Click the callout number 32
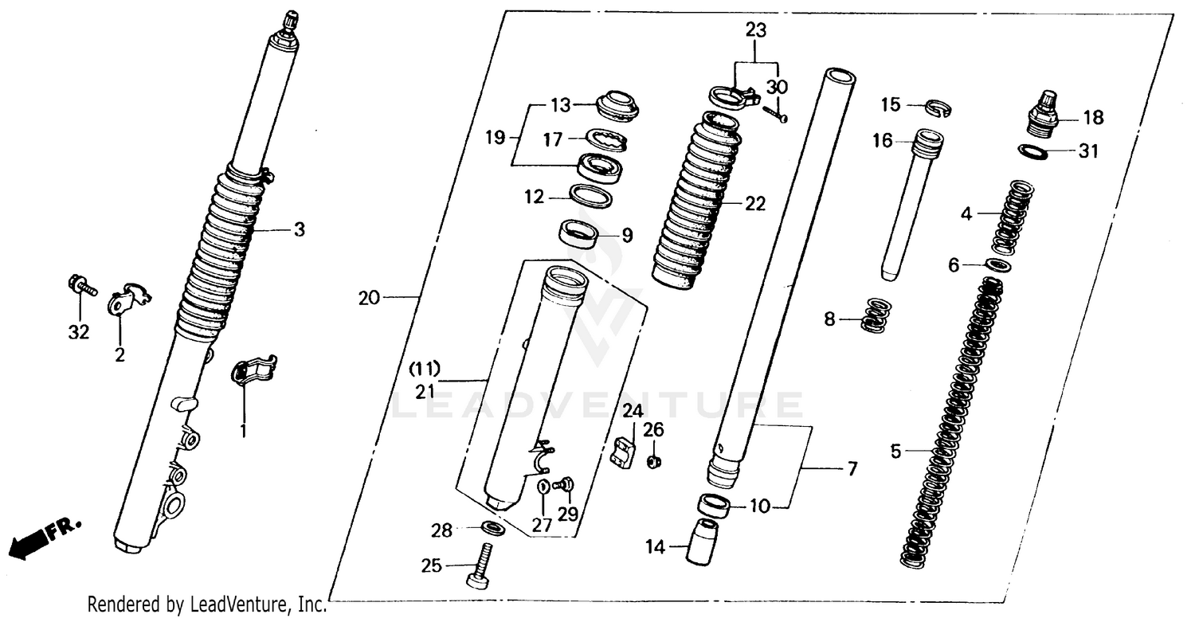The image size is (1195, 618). click(78, 332)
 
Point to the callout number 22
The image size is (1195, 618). click(754, 204)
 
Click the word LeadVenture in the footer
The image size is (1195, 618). click(233, 605)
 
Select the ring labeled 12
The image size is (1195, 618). click(589, 196)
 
